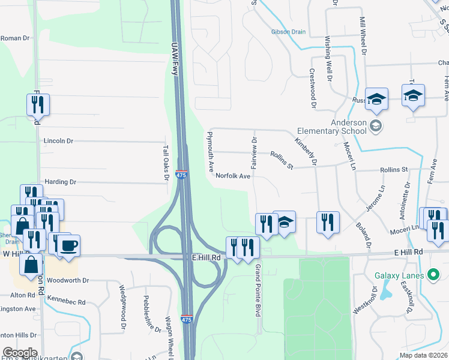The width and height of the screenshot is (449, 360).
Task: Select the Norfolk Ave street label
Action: point(233,176)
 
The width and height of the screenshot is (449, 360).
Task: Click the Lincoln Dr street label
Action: point(58,141)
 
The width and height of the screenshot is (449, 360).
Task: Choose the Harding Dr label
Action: point(61,181)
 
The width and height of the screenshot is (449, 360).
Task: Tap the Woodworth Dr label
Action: point(68,280)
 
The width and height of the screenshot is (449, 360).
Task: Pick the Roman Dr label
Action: point(15,38)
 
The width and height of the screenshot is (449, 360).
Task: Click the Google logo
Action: point(20,353)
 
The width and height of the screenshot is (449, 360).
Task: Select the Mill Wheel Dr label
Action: point(363,35)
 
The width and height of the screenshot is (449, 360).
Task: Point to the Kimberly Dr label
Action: point(306,149)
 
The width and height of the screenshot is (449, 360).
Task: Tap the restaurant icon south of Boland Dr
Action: point(328,223)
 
